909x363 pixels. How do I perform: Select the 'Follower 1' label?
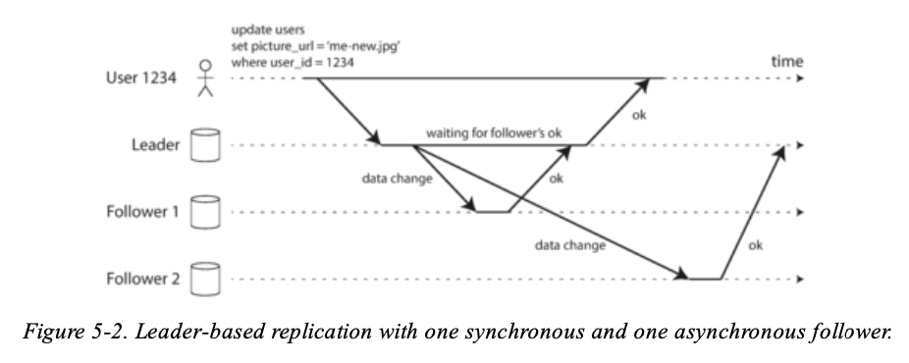pyautogui.click(x=143, y=212)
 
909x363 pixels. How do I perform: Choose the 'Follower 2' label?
pyautogui.click(x=143, y=279)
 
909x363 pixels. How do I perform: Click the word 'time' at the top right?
pyautogui.click(x=786, y=62)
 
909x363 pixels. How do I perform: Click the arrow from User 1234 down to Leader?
pyautogui.click(x=348, y=111)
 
